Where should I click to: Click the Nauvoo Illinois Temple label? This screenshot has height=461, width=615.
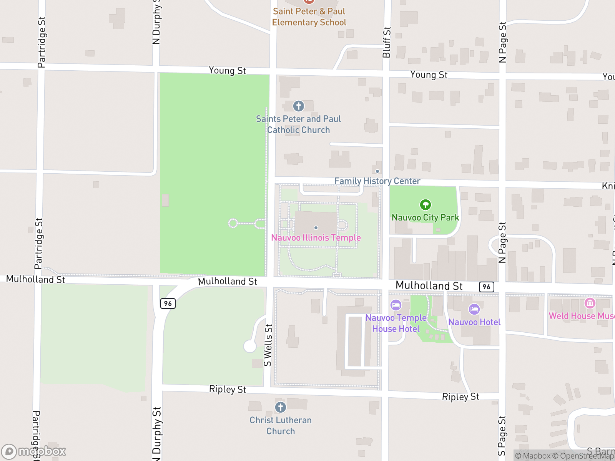tap(316, 238)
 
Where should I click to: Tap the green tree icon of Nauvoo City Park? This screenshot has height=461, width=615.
tap(425, 205)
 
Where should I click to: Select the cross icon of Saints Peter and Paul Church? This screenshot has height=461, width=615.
tap(299, 106)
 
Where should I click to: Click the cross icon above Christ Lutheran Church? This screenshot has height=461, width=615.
tap(281, 407)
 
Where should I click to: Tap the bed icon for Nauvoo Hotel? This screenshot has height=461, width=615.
tap(474, 309)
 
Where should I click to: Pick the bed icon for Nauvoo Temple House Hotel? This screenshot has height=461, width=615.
tap(396, 305)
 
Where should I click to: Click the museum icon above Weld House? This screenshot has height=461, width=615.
tap(590, 303)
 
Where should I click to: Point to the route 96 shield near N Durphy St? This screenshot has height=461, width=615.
tap(168, 303)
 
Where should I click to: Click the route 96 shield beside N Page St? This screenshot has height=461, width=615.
tap(486, 287)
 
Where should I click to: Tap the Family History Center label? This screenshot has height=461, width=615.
tap(377, 181)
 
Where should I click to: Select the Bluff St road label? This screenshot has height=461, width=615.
tap(386, 42)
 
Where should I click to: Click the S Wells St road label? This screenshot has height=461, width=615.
tap(268, 345)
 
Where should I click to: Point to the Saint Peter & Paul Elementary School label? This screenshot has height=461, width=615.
tap(309, 17)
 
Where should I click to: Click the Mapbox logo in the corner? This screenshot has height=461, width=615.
tap(34, 451)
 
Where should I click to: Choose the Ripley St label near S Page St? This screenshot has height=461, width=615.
tap(460, 396)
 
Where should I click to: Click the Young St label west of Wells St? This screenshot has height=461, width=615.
tap(227, 71)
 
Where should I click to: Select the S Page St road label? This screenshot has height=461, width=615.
tap(502, 436)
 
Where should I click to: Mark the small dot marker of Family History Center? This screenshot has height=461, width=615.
tap(377, 171)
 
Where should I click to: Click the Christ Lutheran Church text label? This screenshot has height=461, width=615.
tap(281, 426)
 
